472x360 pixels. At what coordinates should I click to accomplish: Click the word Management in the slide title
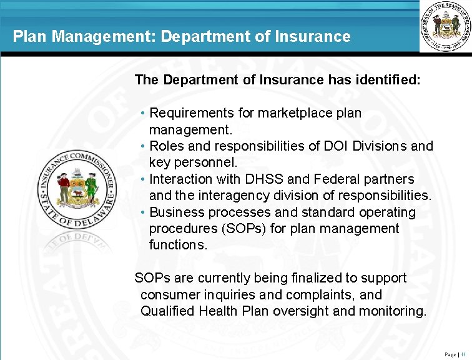coord(104,37)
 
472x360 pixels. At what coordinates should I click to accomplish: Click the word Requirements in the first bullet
coord(192,114)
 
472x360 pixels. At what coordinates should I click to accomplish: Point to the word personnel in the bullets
coord(201,163)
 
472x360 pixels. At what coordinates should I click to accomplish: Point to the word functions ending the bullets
coord(177,245)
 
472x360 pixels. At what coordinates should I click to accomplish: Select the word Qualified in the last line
coord(169,311)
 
